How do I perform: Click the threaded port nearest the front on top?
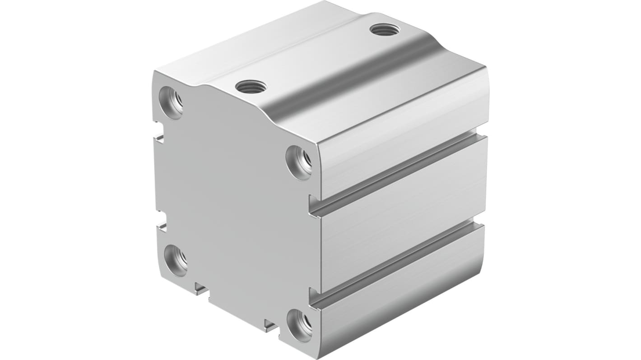(251, 86)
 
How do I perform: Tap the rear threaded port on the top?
(385, 30)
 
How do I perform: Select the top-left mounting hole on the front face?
(172, 103)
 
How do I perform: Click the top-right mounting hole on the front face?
(299, 162)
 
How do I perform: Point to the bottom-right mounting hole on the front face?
(300, 325)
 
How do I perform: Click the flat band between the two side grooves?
(402, 217)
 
